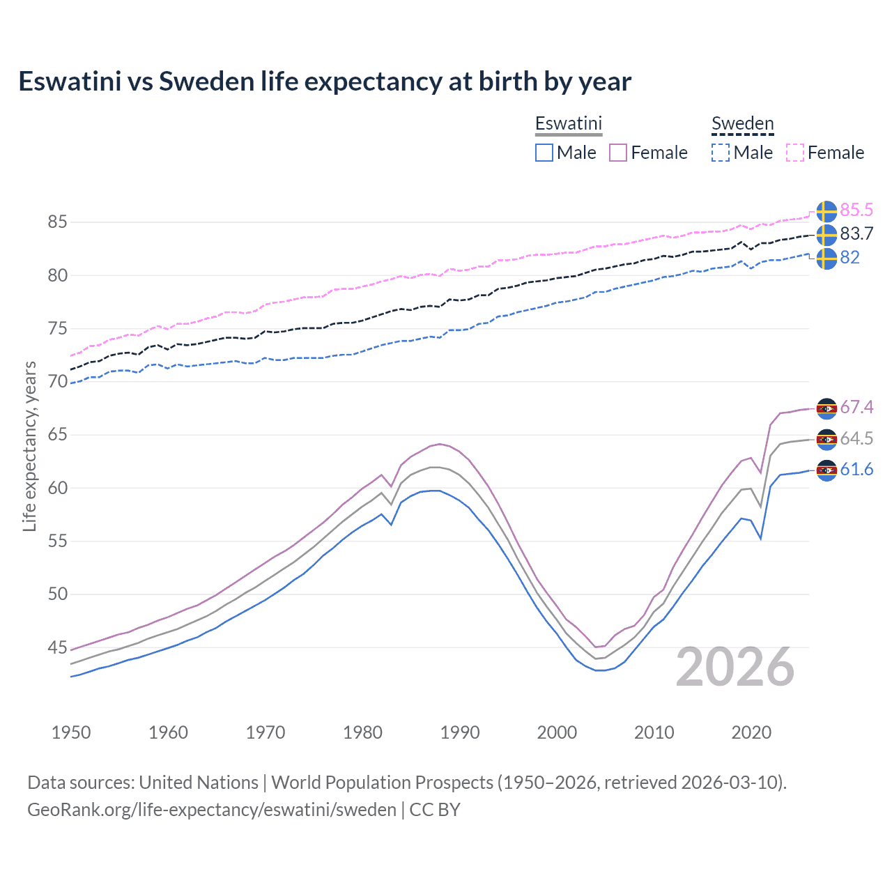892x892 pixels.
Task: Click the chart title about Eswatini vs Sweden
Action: point(325,82)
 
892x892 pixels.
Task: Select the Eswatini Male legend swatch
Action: point(544,153)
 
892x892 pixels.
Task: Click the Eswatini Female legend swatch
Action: point(618,153)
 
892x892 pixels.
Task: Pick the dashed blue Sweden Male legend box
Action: point(721,153)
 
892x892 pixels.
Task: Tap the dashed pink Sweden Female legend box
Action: point(795,153)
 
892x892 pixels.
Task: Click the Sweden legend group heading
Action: point(742,124)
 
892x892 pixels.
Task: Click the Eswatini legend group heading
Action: point(568,124)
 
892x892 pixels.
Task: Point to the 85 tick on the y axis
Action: point(57,222)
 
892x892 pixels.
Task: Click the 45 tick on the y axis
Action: point(57,647)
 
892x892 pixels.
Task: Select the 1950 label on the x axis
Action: point(71,732)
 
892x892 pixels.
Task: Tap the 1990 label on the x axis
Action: point(460,732)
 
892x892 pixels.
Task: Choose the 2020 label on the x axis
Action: point(751,732)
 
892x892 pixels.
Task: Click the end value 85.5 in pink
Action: point(856,210)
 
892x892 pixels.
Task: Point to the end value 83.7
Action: point(856,234)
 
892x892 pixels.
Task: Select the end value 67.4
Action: point(856,407)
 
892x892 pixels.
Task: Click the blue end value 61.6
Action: point(856,470)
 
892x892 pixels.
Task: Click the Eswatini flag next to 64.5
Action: point(826,439)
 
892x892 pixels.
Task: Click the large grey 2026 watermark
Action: point(735,668)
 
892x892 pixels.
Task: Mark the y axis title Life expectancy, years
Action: point(29,446)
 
